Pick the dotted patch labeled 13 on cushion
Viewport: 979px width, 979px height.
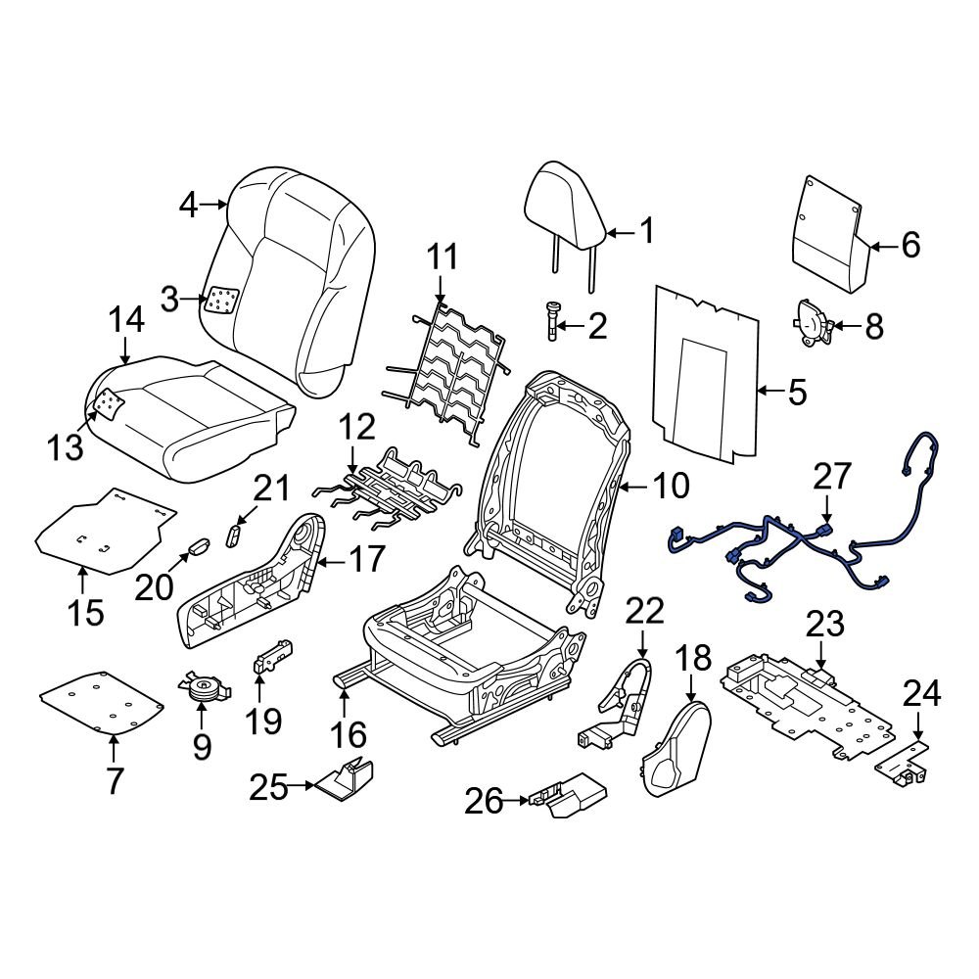(109, 401)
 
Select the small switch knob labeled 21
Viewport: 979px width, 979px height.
(235, 532)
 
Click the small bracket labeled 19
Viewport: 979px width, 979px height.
(273, 655)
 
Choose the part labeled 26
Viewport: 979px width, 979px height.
(568, 795)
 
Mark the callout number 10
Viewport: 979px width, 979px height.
(670, 486)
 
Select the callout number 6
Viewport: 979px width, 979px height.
(910, 245)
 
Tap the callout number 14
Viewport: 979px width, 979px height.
(126, 320)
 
